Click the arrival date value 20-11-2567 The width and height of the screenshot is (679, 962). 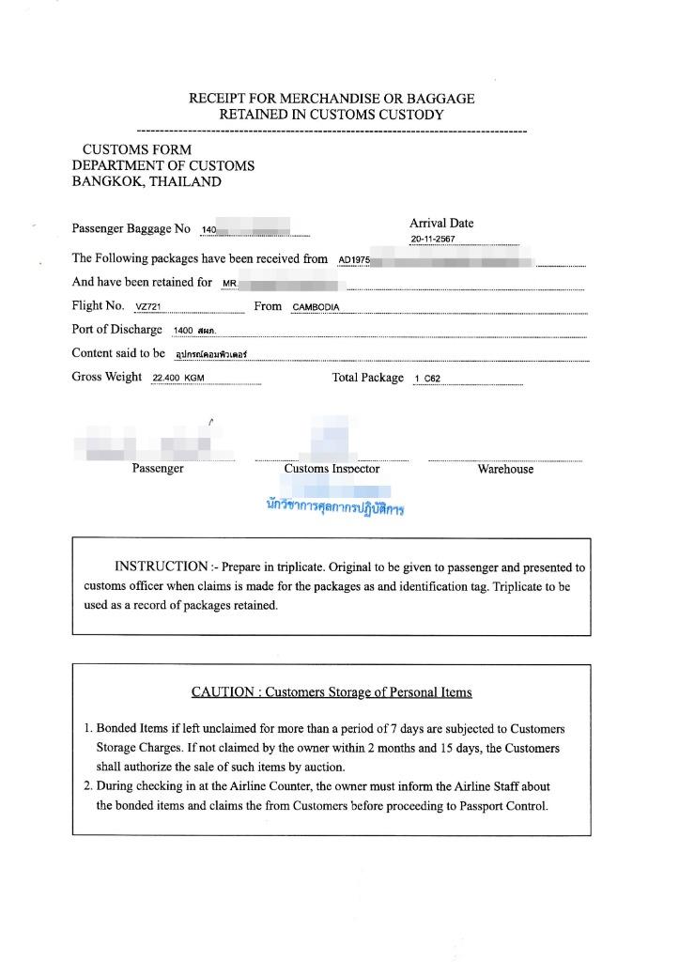click(433, 240)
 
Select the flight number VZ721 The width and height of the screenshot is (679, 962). click(148, 307)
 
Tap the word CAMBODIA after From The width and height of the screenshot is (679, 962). click(316, 307)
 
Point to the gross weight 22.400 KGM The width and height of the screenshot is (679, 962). click(178, 379)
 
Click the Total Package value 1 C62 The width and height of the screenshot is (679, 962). click(427, 379)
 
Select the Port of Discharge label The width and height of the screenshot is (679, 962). click(117, 330)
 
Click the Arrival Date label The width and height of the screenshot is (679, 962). click(441, 224)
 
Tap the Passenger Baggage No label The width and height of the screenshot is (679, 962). click(131, 229)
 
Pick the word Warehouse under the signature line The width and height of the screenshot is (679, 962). click(505, 470)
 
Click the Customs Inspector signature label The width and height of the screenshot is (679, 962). click(332, 469)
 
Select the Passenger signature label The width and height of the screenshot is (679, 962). click(158, 469)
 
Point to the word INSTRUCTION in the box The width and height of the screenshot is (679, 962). click(161, 567)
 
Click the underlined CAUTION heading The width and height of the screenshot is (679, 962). click(332, 692)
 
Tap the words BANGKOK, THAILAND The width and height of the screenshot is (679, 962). click(147, 182)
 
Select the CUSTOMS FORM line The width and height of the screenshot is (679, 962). click(137, 149)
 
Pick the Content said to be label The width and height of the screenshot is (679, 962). click(118, 353)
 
